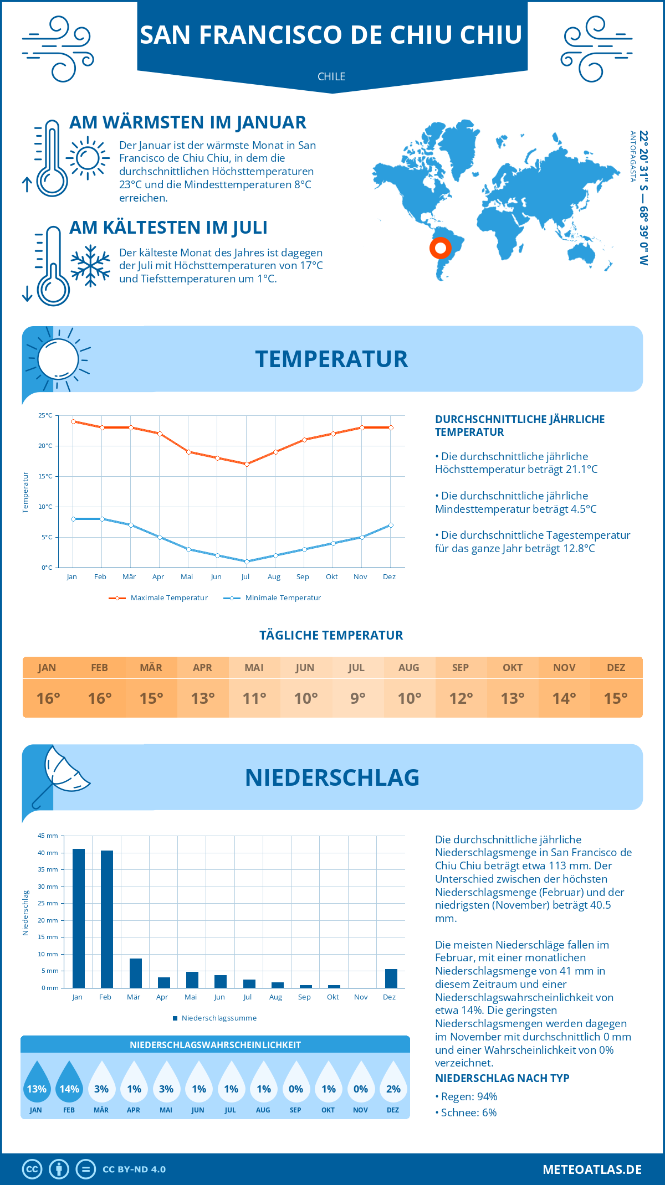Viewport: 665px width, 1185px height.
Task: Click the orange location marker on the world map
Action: click(x=441, y=248)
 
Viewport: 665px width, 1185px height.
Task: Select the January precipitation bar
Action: click(x=79, y=918)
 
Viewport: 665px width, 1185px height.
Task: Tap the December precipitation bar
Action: click(x=391, y=978)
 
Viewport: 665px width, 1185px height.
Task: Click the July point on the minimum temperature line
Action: click(x=247, y=561)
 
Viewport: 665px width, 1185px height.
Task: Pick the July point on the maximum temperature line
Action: click(x=247, y=464)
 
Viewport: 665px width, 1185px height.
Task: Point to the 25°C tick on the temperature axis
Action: click(x=45, y=415)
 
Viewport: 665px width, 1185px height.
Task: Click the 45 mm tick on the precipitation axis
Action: click(x=48, y=836)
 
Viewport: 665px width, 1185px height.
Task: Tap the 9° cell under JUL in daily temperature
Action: click(x=357, y=698)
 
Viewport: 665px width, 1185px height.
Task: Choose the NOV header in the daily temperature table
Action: click(x=564, y=668)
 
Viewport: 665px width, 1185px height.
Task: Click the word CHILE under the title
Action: click(x=331, y=76)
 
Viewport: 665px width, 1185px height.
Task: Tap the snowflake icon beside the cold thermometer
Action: click(x=90, y=266)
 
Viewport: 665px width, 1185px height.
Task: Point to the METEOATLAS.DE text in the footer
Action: click(x=592, y=1169)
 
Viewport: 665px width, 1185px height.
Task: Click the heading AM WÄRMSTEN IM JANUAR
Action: click(x=187, y=122)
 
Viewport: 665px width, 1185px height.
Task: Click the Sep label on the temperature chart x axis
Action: click(x=303, y=577)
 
